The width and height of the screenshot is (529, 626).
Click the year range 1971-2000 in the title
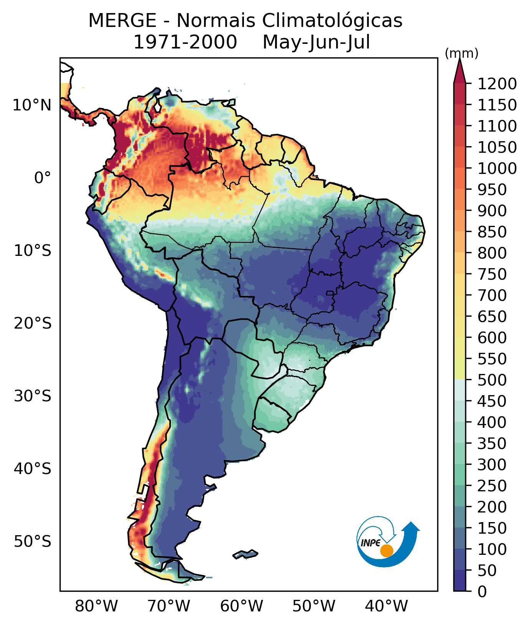click(x=185, y=42)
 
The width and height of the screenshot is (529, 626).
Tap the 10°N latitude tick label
click(x=32, y=105)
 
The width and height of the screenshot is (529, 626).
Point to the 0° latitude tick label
click(x=42, y=178)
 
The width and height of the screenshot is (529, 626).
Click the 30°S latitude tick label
click(x=33, y=396)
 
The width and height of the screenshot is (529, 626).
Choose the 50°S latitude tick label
click(x=33, y=541)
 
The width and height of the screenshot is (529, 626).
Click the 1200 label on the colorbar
click(x=497, y=84)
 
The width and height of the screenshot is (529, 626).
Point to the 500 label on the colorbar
click(x=492, y=380)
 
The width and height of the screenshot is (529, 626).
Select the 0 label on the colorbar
click(x=482, y=591)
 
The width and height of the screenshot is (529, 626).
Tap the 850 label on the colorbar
click(x=492, y=232)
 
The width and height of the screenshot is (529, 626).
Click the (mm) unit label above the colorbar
click(x=461, y=53)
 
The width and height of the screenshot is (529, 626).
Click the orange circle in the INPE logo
click(x=386, y=551)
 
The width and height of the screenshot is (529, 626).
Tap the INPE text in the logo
click(x=370, y=543)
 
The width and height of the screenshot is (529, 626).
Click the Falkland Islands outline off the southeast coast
click(x=245, y=554)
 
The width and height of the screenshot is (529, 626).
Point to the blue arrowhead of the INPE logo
click(x=411, y=526)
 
